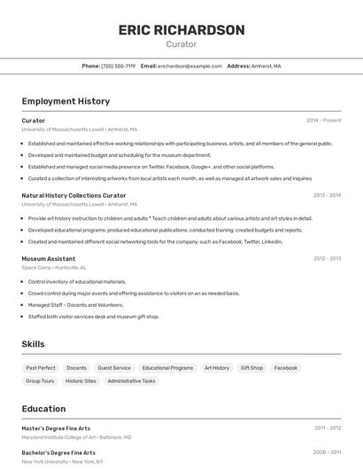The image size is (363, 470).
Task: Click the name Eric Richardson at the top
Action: tap(181, 30)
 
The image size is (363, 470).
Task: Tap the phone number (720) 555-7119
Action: tap(118, 66)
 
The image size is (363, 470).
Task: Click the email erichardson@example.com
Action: tap(189, 66)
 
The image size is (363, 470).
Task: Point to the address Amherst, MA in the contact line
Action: tap(266, 66)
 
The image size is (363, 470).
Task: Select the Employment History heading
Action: tap(66, 102)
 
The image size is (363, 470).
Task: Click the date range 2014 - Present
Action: tap(323, 121)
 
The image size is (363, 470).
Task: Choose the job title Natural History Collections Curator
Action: tap(73, 195)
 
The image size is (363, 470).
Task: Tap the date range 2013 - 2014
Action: tap(327, 195)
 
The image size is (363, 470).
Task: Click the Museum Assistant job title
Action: tap(49, 259)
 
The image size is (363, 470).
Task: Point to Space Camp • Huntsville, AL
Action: tap(54, 268)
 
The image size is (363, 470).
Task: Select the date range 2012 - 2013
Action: tap(327, 259)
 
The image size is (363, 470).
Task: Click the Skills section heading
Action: tap(33, 344)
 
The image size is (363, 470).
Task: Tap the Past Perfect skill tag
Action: tap(41, 368)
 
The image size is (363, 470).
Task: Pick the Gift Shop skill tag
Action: tap(251, 368)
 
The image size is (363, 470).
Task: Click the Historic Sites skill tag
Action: tap(81, 381)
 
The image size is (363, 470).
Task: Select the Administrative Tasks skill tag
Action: tap(131, 381)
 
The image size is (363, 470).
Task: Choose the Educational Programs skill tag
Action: tap(167, 368)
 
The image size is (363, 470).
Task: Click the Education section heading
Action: tap(43, 409)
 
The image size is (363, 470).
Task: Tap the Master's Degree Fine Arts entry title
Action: tap(56, 428)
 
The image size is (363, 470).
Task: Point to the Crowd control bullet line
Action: tap(133, 294)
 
